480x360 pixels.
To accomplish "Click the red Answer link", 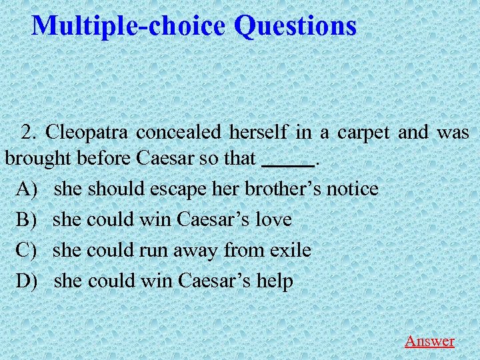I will click(x=429, y=341).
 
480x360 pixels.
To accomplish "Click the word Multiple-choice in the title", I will click(x=129, y=26).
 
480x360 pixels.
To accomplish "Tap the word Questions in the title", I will click(x=295, y=26).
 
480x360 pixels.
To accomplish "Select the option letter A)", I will click(x=28, y=189).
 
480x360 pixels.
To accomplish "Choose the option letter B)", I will click(x=28, y=219).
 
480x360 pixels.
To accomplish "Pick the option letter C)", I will click(x=28, y=250).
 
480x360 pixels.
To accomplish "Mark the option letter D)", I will click(x=28, y=281).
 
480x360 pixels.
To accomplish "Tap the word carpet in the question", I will click(x=363, y=132).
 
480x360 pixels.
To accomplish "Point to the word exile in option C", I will click(x=290, y=250).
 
